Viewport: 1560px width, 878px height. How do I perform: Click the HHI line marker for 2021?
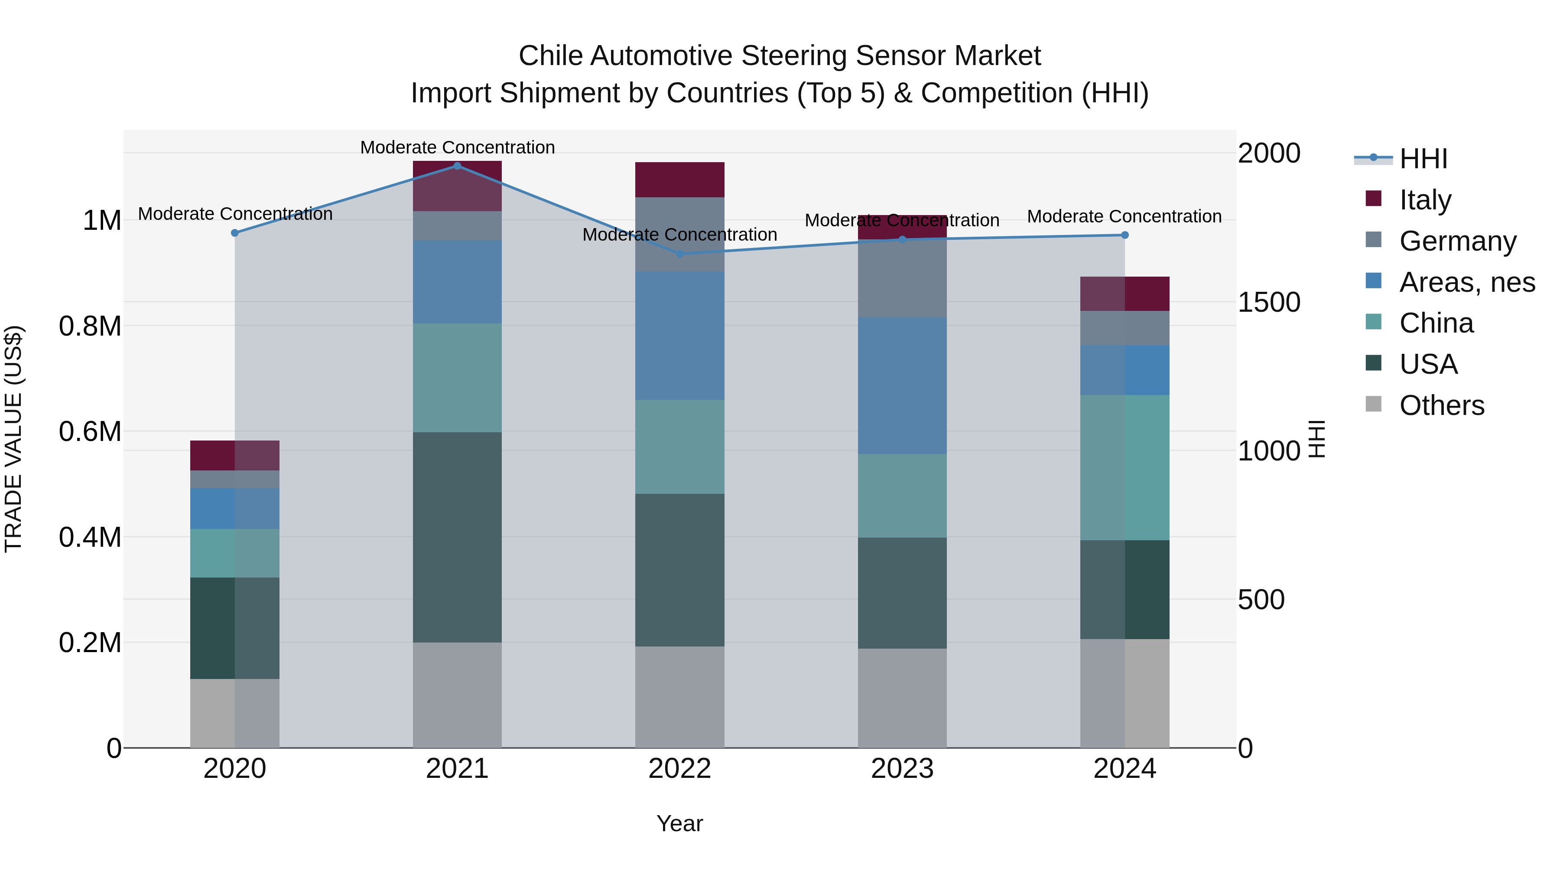(457, 166)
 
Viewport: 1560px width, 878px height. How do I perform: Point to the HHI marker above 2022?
(679, 254)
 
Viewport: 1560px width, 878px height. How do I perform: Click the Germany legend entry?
(1457, 241)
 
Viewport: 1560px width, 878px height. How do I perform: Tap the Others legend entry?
(1441, 405)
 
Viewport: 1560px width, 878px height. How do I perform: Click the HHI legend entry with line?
(1423, 158)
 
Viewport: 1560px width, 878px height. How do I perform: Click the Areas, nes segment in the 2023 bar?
(902, 385)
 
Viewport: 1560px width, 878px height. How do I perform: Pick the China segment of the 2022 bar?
(679, 447)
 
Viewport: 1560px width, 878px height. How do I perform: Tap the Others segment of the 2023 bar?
(902, 698)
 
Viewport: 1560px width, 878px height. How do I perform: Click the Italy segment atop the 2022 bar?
(679, 180)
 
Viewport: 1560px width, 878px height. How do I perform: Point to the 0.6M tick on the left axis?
(90, 431)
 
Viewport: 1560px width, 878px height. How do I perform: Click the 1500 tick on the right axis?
(1268, 302)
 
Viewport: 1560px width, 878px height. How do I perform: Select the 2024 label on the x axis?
(1124, 768)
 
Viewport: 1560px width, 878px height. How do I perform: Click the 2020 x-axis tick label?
(235, 768)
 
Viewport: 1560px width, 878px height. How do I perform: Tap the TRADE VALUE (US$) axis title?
(13, 439)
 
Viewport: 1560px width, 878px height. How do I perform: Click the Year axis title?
(679, 823)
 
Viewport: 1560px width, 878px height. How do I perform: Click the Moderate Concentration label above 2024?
(1124, 216)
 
